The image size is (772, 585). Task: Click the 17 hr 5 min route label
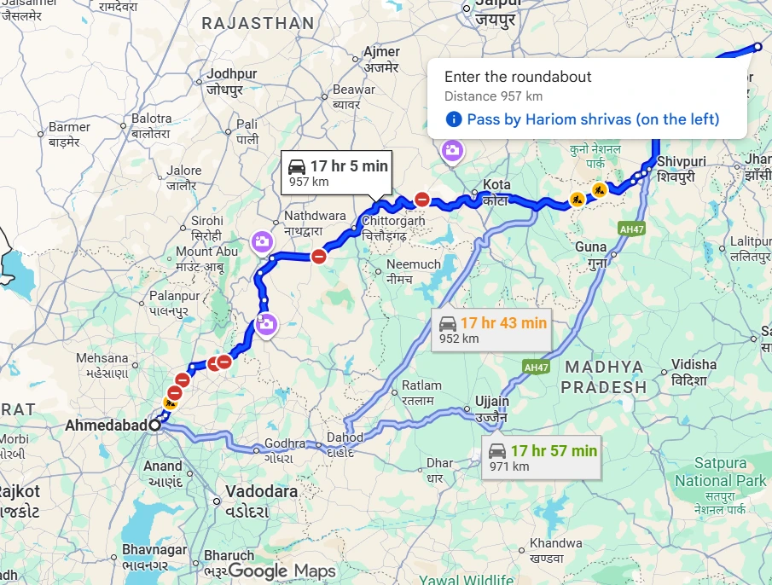tap(336, 172)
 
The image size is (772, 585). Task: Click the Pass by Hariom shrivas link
tap(592, 119)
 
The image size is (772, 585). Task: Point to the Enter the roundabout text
tap(518, 77)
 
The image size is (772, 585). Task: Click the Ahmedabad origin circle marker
tap(154, 424)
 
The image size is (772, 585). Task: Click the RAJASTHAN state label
tap(258, 23)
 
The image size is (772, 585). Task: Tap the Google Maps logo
tap(282, 571)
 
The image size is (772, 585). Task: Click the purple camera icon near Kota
tap(451, 151)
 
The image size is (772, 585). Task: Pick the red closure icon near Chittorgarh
tap(421, 200)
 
